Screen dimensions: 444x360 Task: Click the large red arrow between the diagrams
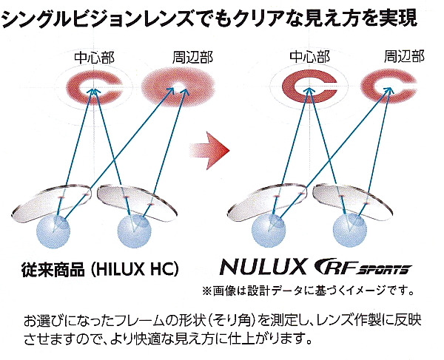tap(210, 150)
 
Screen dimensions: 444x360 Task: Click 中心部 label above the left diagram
tap(94, 58)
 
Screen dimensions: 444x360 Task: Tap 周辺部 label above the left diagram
tap(193, 57)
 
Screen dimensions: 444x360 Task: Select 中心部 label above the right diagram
tap(310, 56)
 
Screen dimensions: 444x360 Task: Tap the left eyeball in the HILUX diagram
tap(53, 231)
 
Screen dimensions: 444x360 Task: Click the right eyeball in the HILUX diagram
tap(134, 231)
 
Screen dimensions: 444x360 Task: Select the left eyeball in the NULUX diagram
tap(269, 231)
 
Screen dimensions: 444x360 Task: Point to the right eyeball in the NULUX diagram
tap(350, 231)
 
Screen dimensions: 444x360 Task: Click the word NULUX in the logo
tap(263, 267)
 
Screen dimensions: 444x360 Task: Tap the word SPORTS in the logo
tap(384, 270)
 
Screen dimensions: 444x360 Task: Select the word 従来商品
tap(53, 269)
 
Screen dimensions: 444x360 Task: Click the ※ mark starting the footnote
tap(207, 291)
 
